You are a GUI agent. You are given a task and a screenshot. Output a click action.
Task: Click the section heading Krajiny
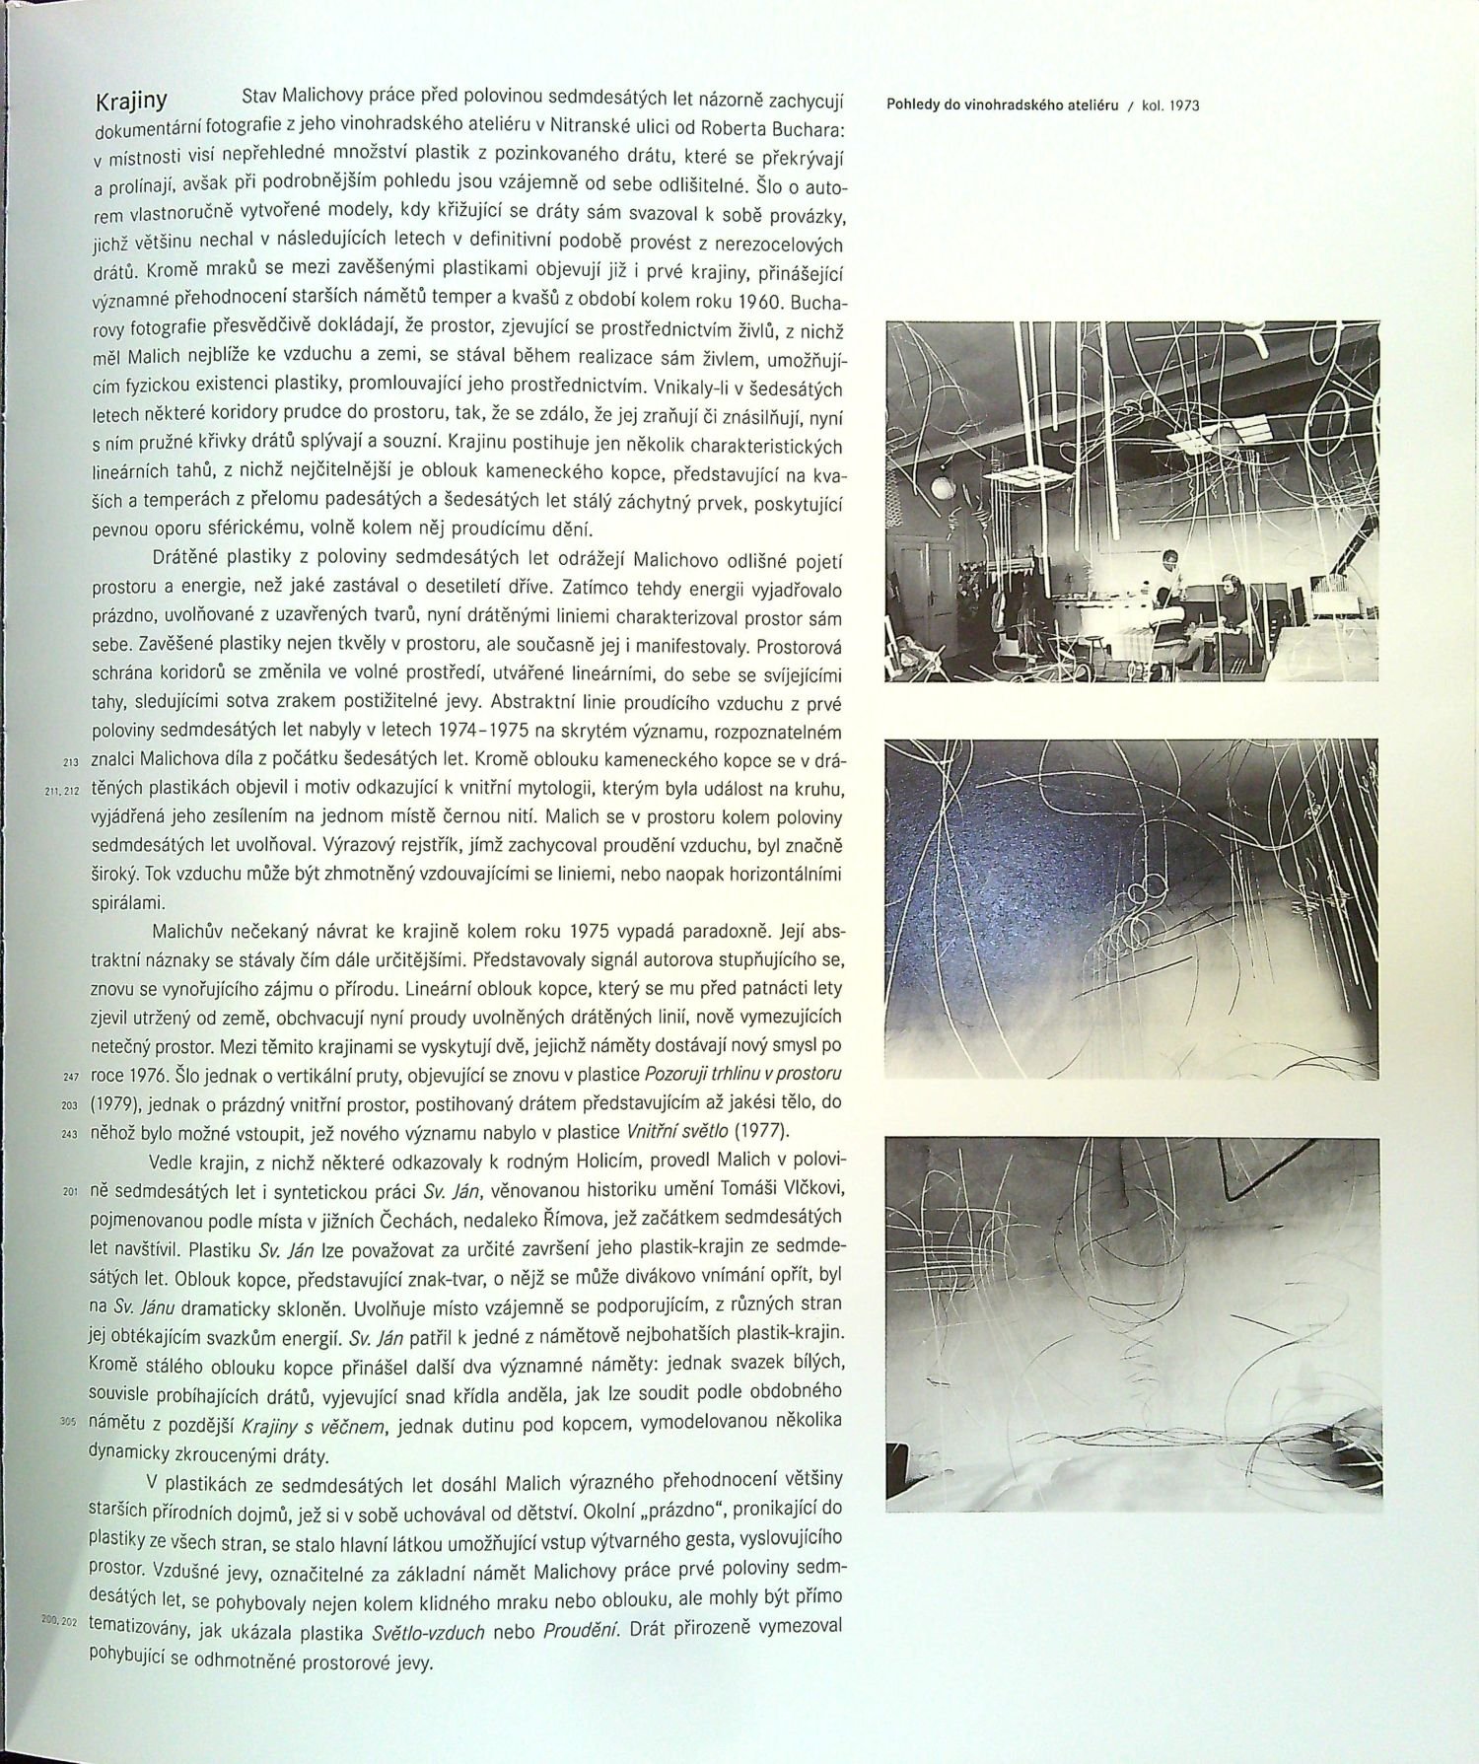click(130, 103)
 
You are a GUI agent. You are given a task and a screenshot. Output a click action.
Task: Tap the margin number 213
click(70, 762)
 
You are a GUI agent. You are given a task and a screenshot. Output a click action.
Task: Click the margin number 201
click(69, 1191)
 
